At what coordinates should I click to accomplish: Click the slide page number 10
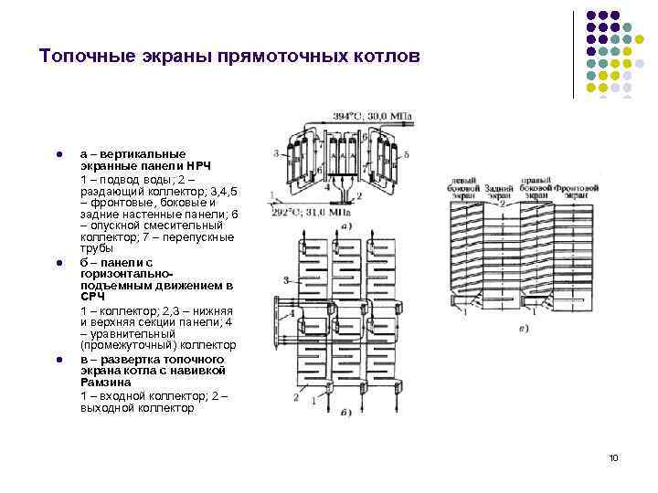click(612, 456)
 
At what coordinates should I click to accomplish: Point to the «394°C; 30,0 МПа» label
click(378, 117)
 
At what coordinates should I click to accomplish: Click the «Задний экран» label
click(498, 191)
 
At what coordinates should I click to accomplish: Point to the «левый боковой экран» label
click(465, 187)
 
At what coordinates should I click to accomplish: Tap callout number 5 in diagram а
click(407, 156)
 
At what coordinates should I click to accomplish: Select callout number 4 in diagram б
click(292, 312)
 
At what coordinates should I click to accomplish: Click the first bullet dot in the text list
click(58, 153)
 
